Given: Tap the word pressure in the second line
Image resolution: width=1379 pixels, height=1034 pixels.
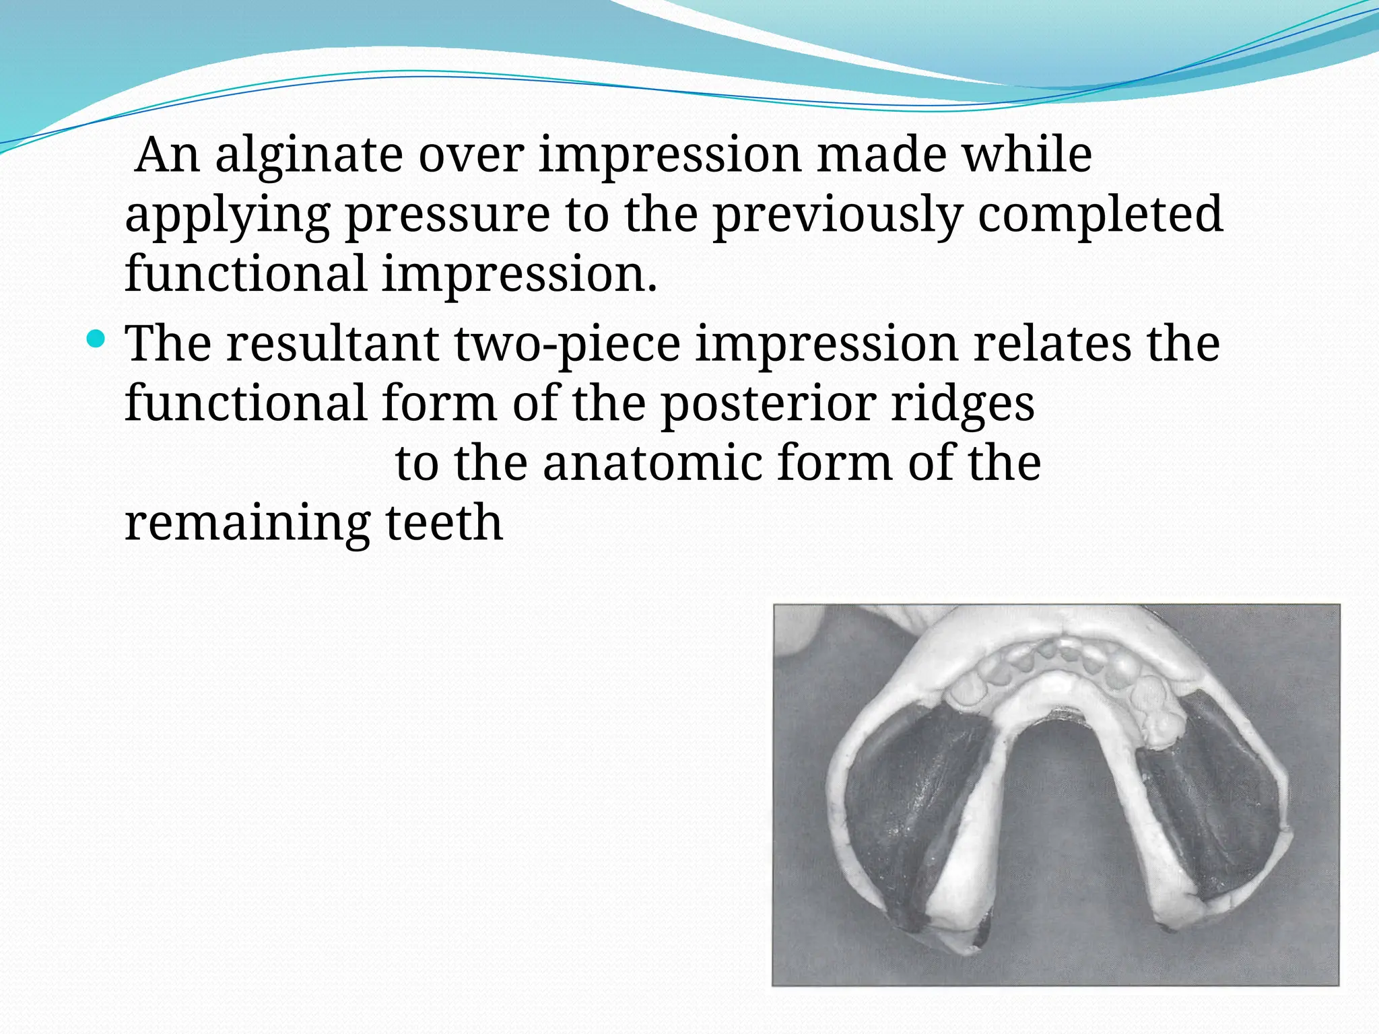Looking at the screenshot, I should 447,215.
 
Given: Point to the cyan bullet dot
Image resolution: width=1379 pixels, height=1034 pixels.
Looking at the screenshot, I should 97,338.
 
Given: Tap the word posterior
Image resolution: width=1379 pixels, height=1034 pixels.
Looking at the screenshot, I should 768,404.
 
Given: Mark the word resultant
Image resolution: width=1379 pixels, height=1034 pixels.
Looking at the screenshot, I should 333,343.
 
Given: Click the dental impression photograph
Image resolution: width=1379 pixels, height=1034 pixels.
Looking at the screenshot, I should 1056,794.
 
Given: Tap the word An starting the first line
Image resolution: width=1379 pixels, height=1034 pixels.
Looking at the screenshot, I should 168,156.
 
